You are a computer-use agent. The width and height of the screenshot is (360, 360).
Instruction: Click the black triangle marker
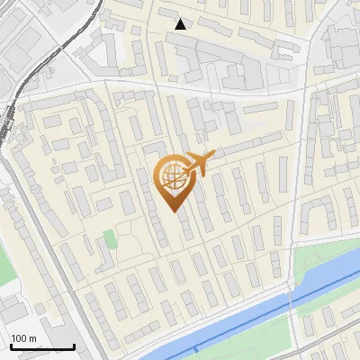click(x=181, y=24)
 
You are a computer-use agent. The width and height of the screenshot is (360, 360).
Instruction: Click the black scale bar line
click(x=42, y=347)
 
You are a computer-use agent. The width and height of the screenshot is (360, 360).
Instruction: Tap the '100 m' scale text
click(x=24, y=338)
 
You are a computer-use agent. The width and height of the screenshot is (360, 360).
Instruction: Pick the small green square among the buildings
click(x=109, y=240)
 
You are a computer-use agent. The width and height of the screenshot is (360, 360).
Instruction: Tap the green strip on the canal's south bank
click(x=261, y=337)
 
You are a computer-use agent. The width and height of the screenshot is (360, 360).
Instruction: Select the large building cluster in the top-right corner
click(x=337, y=45)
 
